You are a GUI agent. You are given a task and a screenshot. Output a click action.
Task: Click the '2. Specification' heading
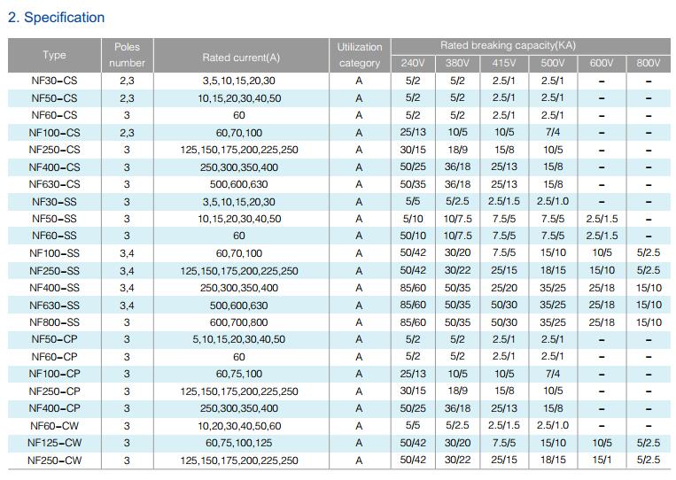56,18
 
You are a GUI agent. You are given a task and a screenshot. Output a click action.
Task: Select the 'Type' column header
54,55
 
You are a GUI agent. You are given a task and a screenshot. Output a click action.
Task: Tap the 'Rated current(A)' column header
241,58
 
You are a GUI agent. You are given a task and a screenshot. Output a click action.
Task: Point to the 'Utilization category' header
360,55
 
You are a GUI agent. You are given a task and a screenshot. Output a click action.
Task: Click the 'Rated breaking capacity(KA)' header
508,45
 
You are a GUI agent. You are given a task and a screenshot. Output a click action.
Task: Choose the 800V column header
648,64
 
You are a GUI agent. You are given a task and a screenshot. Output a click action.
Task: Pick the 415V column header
503,64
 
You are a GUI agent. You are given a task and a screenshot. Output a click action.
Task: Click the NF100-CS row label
54,133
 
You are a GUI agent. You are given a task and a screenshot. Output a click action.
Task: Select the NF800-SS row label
54,322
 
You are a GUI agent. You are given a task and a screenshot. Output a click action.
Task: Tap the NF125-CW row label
54,443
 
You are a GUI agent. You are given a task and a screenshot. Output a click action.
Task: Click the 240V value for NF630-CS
413,184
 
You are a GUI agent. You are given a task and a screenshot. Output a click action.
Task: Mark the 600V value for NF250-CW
602,460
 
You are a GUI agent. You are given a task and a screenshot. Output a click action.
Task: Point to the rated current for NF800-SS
239,322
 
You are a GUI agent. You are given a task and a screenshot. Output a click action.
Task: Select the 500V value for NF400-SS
552,288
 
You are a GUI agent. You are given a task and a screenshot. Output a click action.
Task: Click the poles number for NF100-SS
127,253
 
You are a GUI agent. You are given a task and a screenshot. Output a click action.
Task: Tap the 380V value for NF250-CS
457,150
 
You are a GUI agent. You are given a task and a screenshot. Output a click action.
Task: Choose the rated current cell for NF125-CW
239,443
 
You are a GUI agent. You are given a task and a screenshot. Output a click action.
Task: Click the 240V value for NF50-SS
413,219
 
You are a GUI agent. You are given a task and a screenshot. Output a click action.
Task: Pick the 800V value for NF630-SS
649,305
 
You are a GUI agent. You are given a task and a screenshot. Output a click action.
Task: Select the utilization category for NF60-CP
359,357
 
